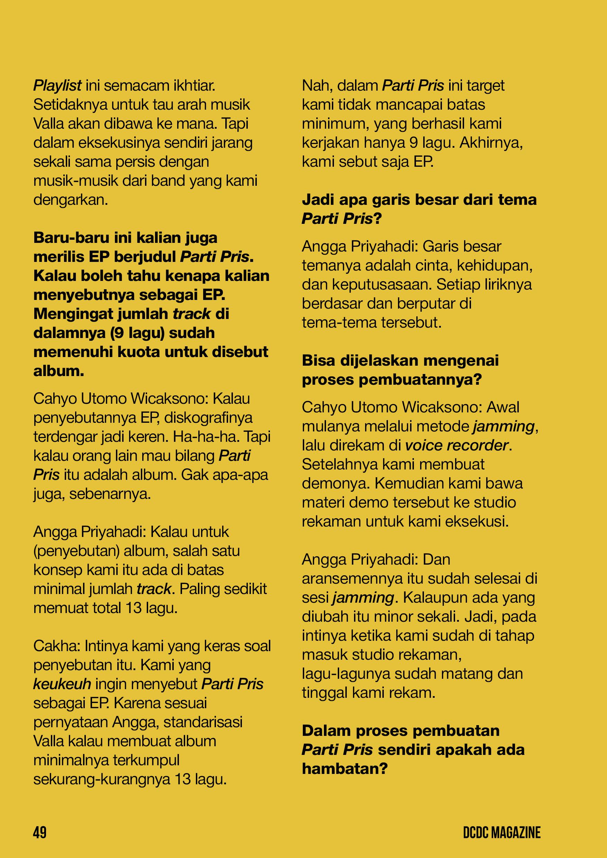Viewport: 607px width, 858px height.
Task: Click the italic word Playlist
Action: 57,86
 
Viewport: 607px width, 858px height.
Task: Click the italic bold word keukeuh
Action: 62,684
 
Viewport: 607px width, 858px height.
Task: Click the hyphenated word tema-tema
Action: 334,322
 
